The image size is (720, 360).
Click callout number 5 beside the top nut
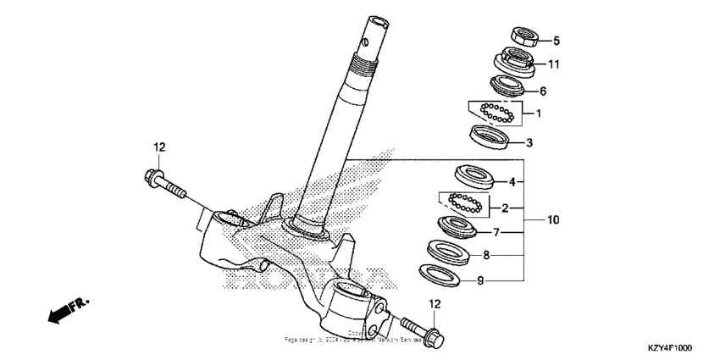click(x=557, y=40)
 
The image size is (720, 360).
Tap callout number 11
click(x=554, y=64)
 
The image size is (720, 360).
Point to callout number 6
click(x=544, y=91)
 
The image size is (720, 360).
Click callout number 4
click(x=512, y=180)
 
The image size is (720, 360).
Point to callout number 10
click(x=552, y=220)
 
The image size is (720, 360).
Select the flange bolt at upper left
click(x=166, y=183)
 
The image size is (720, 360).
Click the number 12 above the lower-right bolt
click(x=434, y=303)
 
